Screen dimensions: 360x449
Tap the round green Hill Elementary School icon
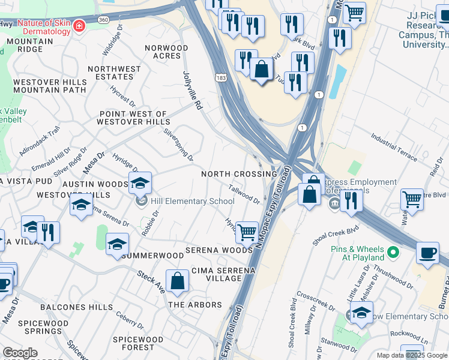tap(141, 201)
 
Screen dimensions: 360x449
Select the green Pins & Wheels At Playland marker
tap(393, 251)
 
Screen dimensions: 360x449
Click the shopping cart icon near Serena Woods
tap(247, 232)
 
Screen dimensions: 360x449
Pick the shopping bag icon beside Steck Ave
tap(178, 281)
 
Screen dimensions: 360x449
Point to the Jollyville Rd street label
tap(191, 90)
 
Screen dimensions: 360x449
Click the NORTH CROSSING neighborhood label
tap(239, 174)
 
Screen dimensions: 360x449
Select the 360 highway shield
tap(104, 19)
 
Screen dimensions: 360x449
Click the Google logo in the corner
tap(20, 353)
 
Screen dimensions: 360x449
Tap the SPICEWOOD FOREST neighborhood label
tap(138, 343)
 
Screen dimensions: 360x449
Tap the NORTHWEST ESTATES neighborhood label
tap(113, 73)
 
